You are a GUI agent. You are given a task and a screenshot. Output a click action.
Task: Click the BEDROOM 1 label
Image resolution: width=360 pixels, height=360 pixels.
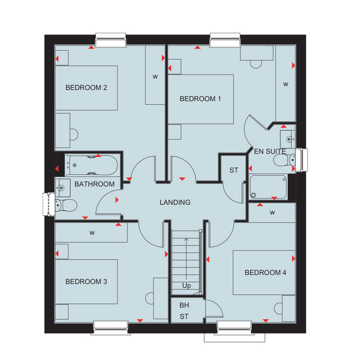[200, 99]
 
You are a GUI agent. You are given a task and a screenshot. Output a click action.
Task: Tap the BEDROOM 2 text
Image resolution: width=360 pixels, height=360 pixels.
[86, 88]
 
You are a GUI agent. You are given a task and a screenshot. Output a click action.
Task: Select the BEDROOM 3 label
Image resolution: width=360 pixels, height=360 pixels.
[86, 282]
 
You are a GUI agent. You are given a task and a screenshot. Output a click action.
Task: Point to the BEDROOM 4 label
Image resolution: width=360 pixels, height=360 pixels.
[265, 272]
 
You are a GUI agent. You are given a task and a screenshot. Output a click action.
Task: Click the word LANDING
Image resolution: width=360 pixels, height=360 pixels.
[175, 202]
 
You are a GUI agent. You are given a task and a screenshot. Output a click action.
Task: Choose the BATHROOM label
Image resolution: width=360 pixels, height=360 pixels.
[94, 184]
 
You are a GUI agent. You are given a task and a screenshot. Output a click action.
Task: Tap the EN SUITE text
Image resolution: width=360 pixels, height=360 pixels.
[270, 152]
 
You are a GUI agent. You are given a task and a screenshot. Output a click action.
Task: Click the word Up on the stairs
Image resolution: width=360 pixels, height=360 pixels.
[187, 286]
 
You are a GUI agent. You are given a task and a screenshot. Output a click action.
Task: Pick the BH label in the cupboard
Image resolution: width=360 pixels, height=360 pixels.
[184, 306]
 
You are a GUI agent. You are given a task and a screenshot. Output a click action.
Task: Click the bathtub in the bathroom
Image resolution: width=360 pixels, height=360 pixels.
[91, 165]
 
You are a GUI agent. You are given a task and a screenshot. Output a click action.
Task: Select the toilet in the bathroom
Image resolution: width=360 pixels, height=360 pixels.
[66, 205]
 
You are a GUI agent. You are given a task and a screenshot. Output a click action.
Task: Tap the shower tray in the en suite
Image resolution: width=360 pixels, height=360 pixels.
[268, 187]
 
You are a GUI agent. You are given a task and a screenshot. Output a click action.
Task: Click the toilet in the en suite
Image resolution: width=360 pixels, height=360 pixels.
[284, 160]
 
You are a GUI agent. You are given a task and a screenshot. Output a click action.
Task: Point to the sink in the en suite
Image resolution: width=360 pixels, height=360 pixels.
[288, 139]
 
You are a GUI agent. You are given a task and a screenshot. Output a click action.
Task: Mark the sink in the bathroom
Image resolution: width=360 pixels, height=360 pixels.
[63, 188]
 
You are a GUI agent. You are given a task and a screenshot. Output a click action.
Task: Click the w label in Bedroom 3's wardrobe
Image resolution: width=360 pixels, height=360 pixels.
[92, 233]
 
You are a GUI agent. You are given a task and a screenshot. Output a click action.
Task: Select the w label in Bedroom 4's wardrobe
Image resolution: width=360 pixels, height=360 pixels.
[272, 213]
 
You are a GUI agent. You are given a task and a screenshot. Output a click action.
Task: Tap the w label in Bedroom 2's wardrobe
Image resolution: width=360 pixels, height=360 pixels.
[155, 77]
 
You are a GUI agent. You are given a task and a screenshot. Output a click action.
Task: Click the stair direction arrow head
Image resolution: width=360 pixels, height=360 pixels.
[187, 240]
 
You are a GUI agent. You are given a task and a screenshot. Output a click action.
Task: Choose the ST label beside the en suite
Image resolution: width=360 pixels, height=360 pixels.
[234, 171]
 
